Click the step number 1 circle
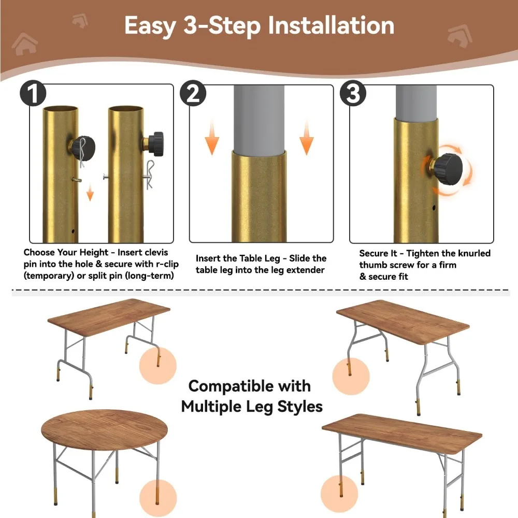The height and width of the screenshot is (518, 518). [x=33, y=93]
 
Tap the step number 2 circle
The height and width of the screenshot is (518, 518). [x=193, y=93]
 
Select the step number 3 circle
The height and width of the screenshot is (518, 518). [x=353, y=93]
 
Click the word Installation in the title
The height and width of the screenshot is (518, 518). [x=331, y=25]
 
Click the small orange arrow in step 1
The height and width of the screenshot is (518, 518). [x=90, y=193]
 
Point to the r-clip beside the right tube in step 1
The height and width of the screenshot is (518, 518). [x=150, y=175]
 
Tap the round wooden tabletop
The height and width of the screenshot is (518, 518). [x=105, y=430]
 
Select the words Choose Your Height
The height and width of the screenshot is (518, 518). [x=66, y=252]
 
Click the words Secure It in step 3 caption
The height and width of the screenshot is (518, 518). [x=378, y=253]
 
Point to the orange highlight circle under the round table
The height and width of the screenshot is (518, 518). [x=158, y=498]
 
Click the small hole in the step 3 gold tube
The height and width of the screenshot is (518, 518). [x=434, y=208]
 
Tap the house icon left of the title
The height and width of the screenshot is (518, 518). [x=24, y=44]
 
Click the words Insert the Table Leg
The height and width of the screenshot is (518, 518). [x=238, y=258]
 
